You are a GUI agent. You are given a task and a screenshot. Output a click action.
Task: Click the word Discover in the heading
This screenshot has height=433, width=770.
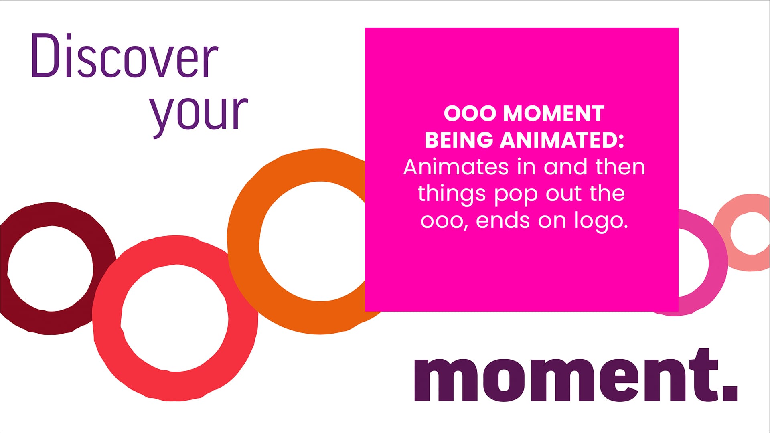pos(125,56)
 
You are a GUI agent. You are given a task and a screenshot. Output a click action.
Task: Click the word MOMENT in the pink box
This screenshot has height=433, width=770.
pos(553,113)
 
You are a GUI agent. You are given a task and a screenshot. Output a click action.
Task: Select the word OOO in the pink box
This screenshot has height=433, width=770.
pos(470,113)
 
